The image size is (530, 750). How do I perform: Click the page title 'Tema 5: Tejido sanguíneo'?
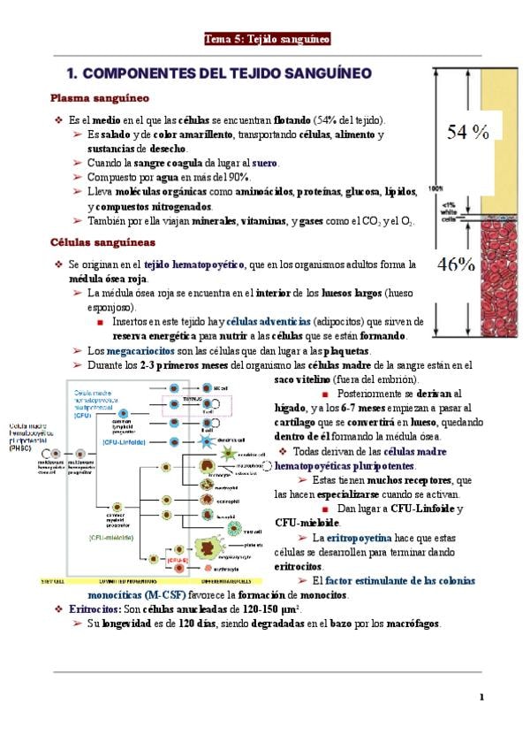pos(267,39)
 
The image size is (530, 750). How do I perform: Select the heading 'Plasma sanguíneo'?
pos(99,97)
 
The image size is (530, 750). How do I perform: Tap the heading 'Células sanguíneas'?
pos(102,241)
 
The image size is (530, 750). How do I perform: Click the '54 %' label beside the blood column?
pos(468,133)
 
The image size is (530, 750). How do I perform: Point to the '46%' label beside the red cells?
pos(457,264)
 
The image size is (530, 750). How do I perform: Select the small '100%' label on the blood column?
pos(435,187)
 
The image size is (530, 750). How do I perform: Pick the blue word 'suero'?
pos(264,164)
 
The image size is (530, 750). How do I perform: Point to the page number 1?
pos(481,697)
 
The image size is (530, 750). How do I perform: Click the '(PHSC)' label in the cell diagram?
pos(21,448)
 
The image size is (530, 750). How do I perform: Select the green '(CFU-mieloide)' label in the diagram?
pos(111,536)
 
